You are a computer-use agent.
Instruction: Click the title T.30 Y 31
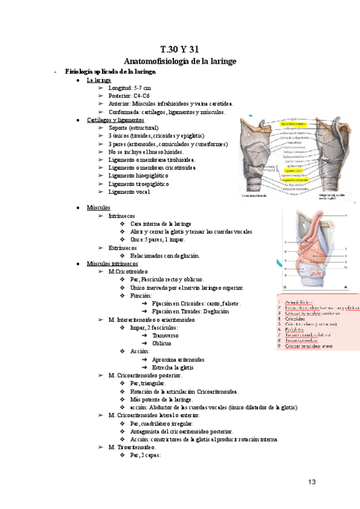coord(179,49)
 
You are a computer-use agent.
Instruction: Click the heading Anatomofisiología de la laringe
coord(179,61)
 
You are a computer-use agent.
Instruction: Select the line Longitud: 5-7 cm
coord(130,88)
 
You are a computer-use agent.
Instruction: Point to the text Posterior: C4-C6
coord(129,95)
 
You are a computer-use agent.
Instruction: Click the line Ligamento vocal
coord(129,191)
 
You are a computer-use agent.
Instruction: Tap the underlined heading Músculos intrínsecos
coord(112,264)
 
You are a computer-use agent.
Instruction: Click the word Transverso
coord(165,336)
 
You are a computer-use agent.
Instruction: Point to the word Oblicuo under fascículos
coord(161,343)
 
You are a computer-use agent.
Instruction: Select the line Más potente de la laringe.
coord(161,399)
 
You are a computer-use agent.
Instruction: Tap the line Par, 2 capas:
coord(145,455)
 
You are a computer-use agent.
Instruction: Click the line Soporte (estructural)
coord(133,128)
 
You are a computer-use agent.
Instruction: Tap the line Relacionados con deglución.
coord(165,255)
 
